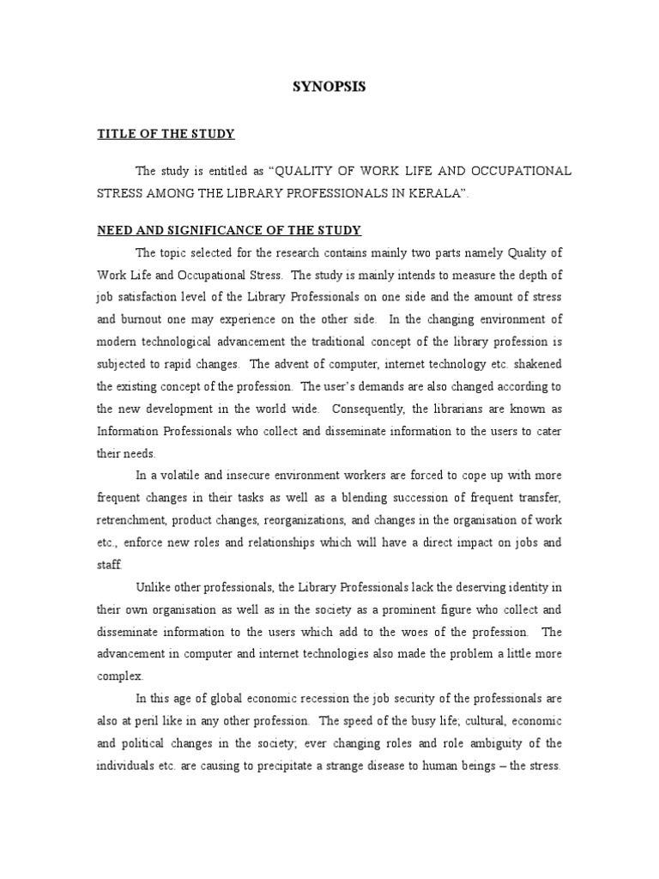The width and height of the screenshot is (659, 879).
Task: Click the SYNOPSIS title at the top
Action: tap(329, 88)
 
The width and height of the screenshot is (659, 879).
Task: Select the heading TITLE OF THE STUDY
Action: tap(166, 134)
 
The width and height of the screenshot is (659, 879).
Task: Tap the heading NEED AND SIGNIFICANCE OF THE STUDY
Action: tap(228, 230)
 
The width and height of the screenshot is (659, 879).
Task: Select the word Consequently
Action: tap(366, 408)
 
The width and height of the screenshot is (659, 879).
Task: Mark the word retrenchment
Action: tap(131, 519)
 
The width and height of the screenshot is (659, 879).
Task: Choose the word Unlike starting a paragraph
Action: tap(153, 586)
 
